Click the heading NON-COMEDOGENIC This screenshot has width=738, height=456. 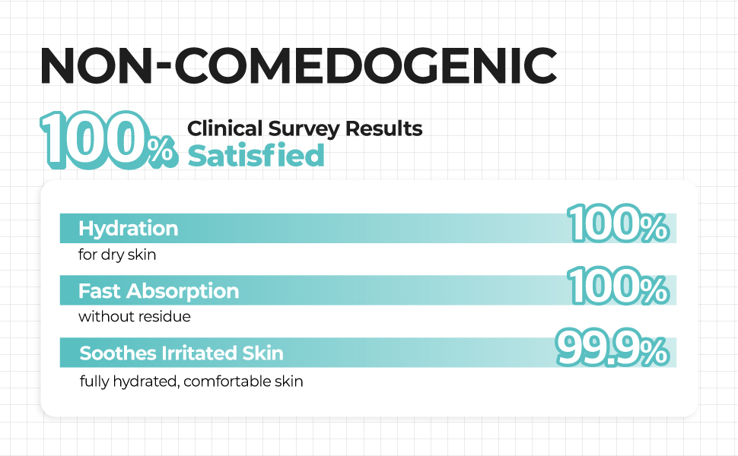pyautogui.click(x=297, y=67)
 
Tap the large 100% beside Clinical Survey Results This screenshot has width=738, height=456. pyautogui.click(x=107, y=140)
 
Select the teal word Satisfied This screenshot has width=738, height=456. pyautogui.click(x=256, y=156)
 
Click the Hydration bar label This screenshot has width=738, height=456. pyautogui.click(x=128, y=228)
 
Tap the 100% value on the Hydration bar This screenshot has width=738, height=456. pyautogui.click(x=618, y=225)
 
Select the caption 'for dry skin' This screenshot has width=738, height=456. pyautogui.click(x=117, y=255)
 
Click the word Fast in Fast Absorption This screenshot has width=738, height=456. pyautogui.click(x=100, y=291)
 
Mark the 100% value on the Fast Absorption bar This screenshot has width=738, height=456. pyautogui.click(x=618, y=287)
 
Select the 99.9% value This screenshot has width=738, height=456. pyautogui.click(x=612, y=348)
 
